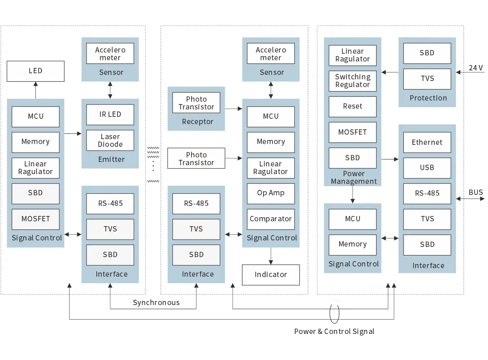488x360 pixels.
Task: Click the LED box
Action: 35,71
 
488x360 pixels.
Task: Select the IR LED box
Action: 110,115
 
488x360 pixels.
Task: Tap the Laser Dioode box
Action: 110,140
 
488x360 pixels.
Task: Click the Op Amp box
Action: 270,194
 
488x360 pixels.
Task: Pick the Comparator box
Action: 270,219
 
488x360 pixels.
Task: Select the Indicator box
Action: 271,275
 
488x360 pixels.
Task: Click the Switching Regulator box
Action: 353,81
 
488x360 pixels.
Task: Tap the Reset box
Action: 353,107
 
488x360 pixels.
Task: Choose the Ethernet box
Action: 427,142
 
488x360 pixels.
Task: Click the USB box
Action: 427,168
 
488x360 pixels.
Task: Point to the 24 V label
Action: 476,68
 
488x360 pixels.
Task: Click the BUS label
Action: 476,192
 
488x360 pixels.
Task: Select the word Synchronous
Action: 156,303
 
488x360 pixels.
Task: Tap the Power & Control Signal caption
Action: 334,332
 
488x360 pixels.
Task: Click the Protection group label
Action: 428,98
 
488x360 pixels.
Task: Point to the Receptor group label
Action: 198,122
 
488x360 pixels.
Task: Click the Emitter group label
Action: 111,159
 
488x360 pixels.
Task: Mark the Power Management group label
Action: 353,177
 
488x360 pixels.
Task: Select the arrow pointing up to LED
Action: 35,90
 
